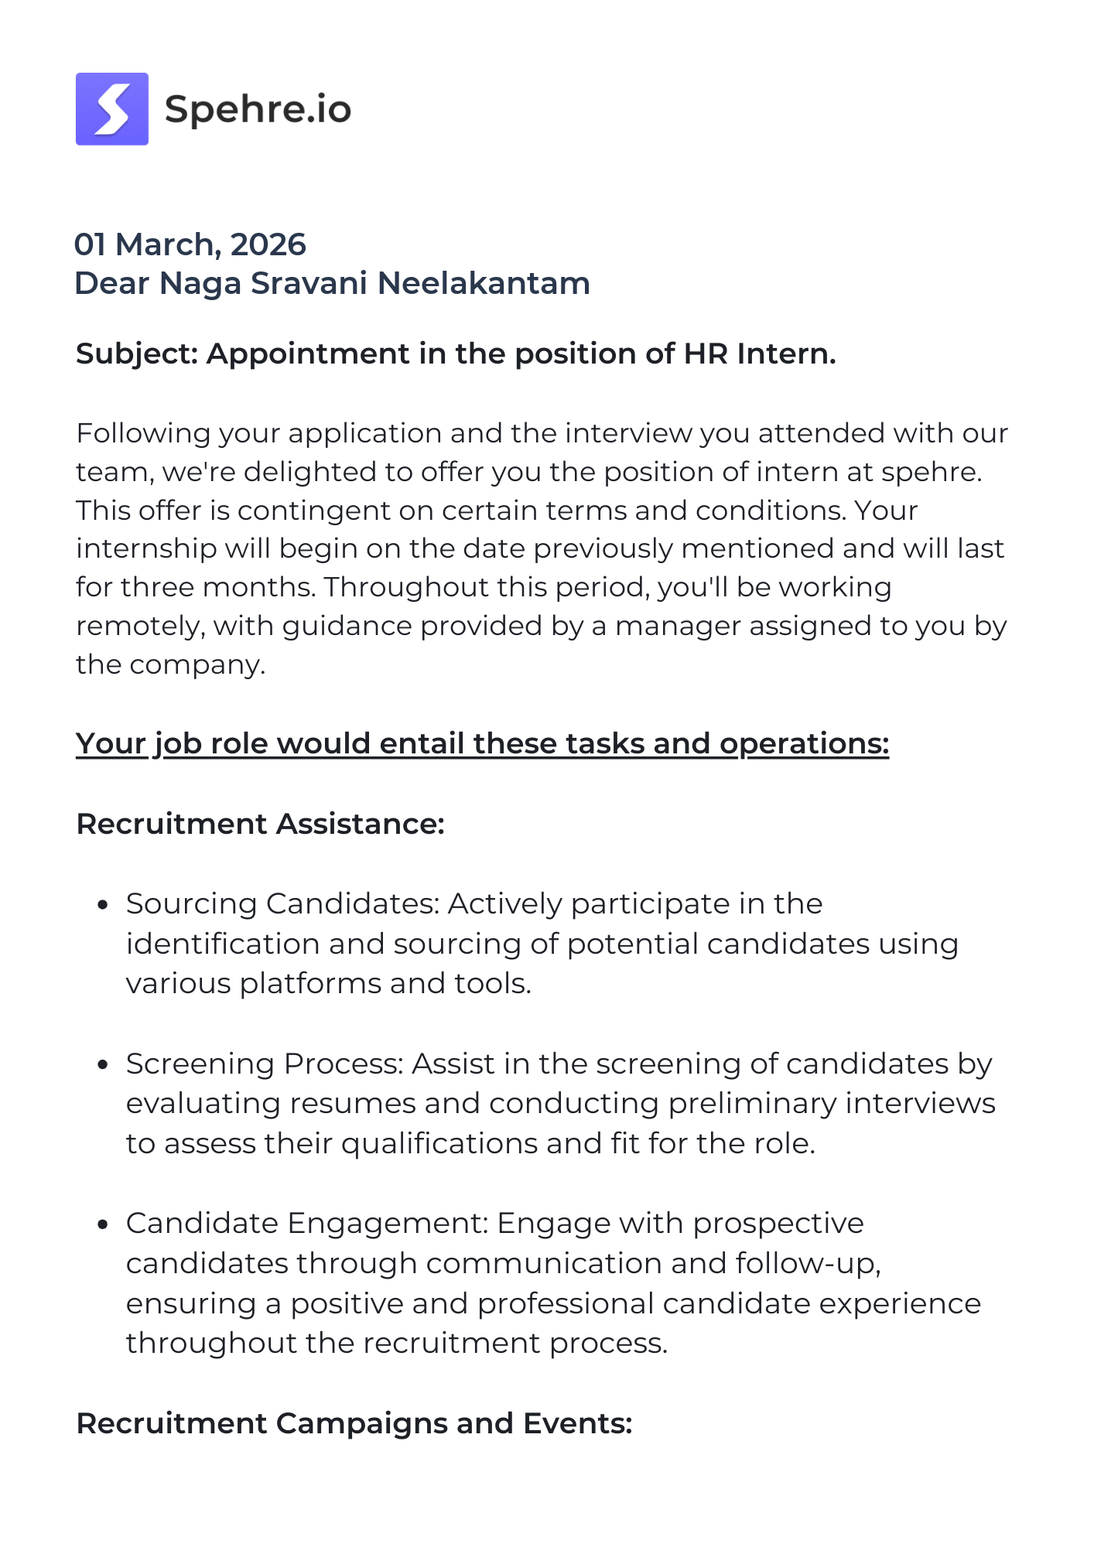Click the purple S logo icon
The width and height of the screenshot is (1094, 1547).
point(112,109)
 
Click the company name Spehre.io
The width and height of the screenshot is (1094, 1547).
point(258,109)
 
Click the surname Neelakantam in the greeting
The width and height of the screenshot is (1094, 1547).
point(484,283)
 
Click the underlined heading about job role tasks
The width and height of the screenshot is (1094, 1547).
point(482,743)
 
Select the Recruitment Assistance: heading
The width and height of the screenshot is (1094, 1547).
point(260,824)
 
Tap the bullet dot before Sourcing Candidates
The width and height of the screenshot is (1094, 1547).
point(103,904)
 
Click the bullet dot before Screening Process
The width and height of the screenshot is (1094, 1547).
point(103,1064)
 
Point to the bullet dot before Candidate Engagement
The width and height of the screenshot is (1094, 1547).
point(103,1224)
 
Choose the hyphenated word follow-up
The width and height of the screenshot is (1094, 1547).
point(809,1263)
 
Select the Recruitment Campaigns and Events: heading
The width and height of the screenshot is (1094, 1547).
point(354,1423)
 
